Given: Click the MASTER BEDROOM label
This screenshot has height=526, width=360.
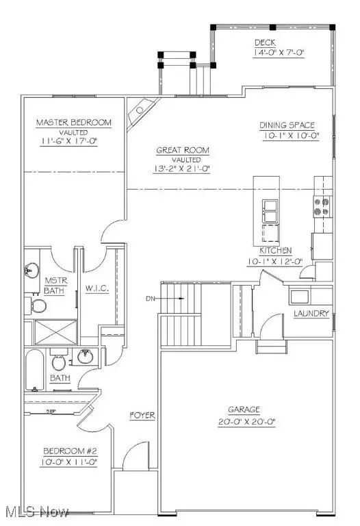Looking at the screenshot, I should pyautogui.click(x=73, y=123).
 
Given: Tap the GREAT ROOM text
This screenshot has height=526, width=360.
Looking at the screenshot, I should pyautogui.click(x=182, y=150).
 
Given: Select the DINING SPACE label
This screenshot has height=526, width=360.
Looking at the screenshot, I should pyautogui.click(x=287, y=125).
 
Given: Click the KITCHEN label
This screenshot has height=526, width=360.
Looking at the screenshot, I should pyautogui.click(x=276, y=251).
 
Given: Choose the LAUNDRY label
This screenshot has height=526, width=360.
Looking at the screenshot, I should pyautogui.click(x=311, y=314).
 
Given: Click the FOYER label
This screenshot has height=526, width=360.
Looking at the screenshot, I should pyautogui.click(x=143, y=416).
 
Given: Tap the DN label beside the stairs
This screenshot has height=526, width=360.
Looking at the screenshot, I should pyautogui.click(x=152, y=299).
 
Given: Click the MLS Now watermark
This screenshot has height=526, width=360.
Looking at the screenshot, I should pyautogui.click(x=37, y=512).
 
